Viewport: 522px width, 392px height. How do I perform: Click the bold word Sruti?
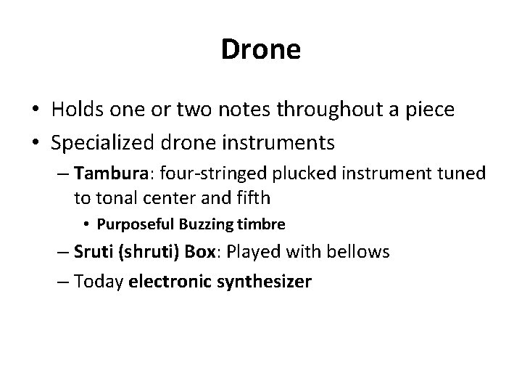92,252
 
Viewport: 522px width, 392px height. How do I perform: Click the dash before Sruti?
62,253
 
